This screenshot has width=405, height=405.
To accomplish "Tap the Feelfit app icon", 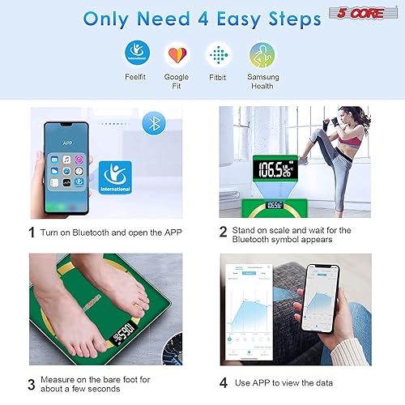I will click(x=137, y=54).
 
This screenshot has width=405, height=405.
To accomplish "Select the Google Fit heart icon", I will click(x=176, y=54).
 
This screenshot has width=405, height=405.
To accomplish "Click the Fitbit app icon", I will click(x=217, y=54).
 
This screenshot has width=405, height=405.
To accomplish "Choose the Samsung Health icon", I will click(x=262, y=54).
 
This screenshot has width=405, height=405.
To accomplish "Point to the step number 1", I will click(x=32, y=232).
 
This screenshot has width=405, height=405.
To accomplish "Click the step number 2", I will click(x=224, y=232).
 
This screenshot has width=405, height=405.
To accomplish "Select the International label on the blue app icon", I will click(x=113, y=188).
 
